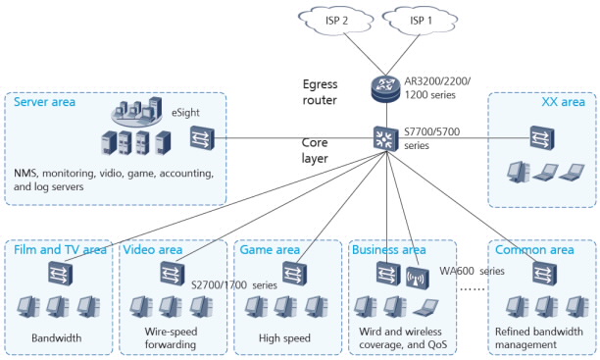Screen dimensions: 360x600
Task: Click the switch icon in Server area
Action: (x=201, y=138)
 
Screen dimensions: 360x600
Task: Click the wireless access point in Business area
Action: (x=416, y=278)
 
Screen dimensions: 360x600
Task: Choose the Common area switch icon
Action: (x=539, y=276)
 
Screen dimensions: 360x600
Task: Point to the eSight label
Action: (x=186, y=114)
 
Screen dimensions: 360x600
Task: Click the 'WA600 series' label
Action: (x=472, y=270)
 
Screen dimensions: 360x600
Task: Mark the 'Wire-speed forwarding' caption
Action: (x=158, y=337)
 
